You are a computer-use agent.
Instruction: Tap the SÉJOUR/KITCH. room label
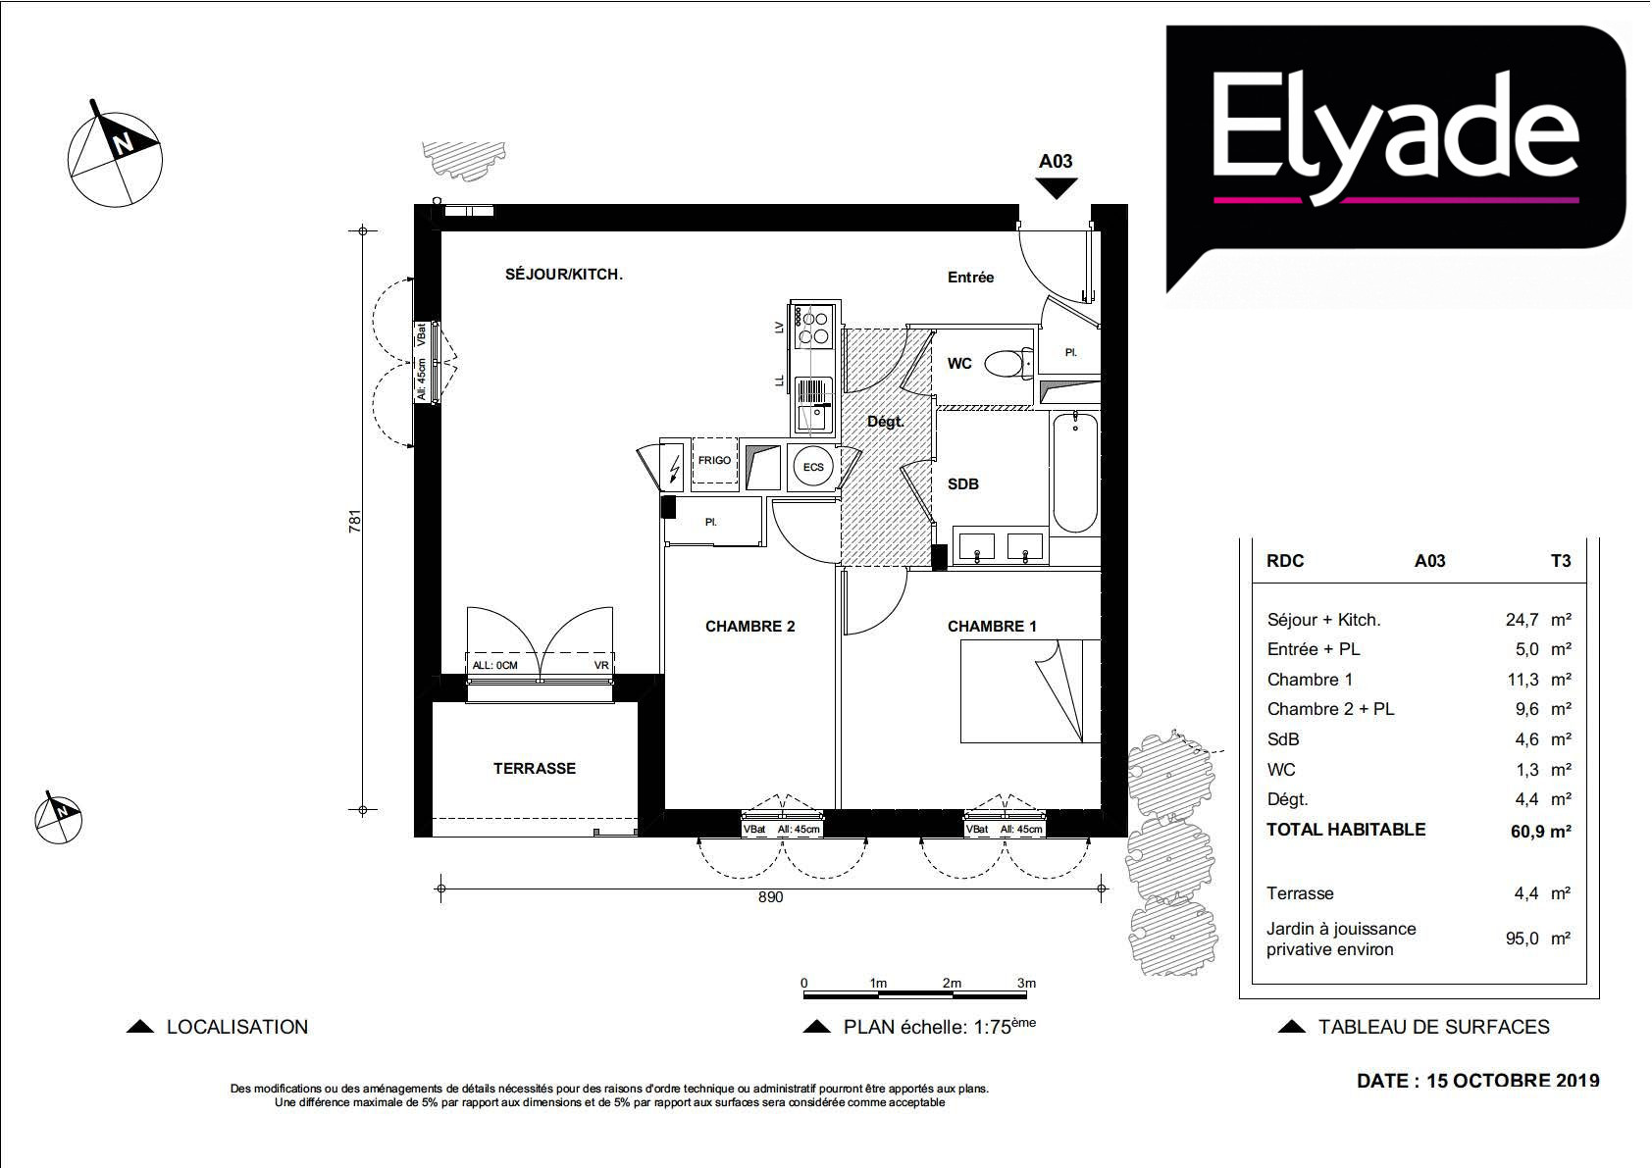[x=563, y=275]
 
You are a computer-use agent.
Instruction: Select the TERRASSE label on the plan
[x=535, y=768]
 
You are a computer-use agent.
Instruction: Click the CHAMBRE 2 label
[x=750, y=626]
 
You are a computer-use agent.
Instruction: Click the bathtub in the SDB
[x=1075, y=472]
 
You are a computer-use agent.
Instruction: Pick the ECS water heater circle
[x=812, y=467]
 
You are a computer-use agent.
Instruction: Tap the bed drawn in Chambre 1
[x=1030, y=691]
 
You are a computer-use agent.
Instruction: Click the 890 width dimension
[x=771, y=897]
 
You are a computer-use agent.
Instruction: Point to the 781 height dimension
[x=355, y=521]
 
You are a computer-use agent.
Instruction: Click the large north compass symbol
[x=115, y=156]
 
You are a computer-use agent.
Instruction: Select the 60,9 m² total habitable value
[x=1540, y=831]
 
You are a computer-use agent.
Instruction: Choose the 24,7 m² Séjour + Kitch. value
[x=1537, y=620]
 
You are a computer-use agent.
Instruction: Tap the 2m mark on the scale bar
[x=952, y=983]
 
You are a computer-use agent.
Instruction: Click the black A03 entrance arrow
[x=1057, y=188]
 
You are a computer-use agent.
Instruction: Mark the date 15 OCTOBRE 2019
[x=1513, y=1081]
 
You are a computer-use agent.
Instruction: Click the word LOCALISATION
[x=236, y=1027]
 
